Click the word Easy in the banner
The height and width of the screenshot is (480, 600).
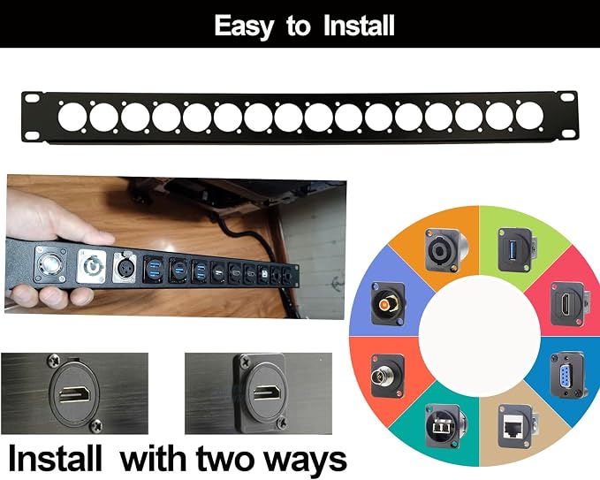(244, 26)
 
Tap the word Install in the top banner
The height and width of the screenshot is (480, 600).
(359, 26)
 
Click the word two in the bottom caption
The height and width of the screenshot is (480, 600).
(231, 459)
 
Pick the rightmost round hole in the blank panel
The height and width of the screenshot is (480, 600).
(529, 115)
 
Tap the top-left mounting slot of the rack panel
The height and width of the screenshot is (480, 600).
(32, 98)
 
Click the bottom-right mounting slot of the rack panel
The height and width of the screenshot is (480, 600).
(568, 132)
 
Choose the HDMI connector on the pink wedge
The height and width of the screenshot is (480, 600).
(568, 304)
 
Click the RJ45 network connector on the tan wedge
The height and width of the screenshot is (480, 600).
(517, 426)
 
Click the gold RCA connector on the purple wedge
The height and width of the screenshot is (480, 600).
(389, 303)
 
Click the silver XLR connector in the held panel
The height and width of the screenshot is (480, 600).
(125, 267)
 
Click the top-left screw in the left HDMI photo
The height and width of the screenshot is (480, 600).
(54, 360)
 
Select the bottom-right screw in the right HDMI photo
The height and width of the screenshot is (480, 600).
(283, 423)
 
